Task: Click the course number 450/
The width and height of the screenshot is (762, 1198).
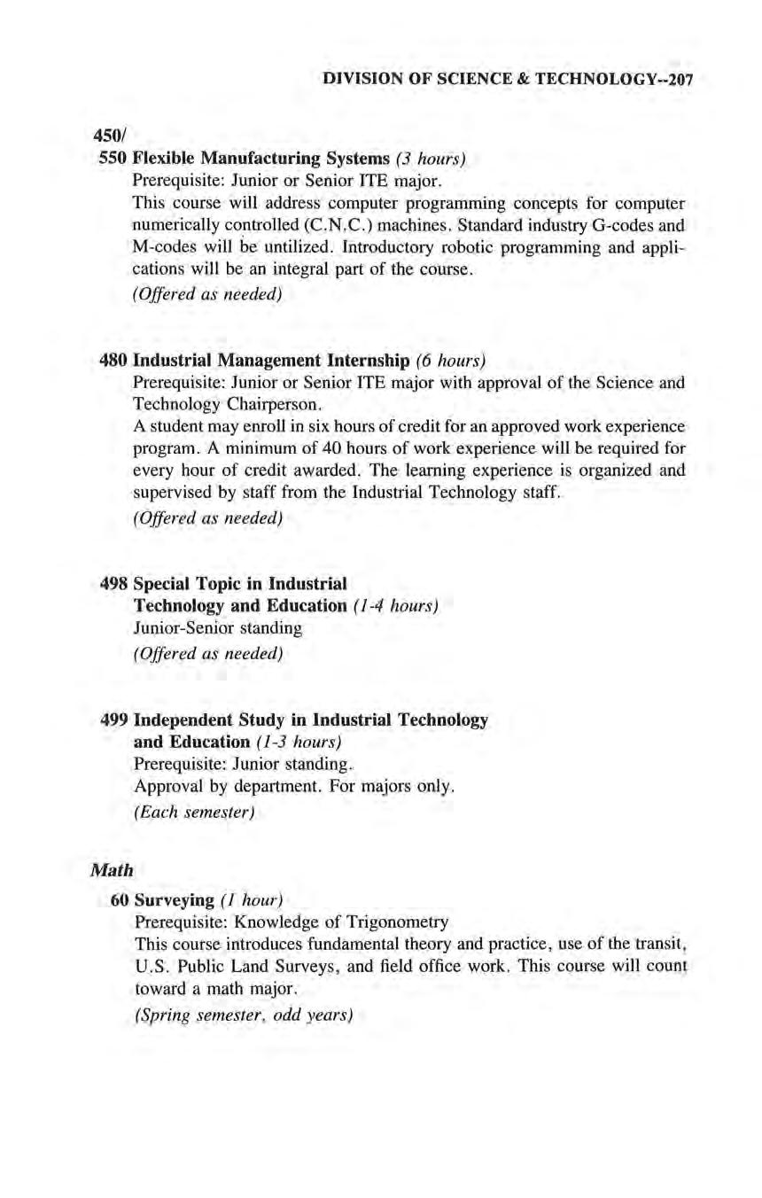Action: (x=107, y=138)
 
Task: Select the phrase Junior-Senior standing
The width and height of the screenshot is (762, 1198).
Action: (x=217, y=628)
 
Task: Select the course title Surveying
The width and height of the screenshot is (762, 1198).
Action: (x=174, y=901)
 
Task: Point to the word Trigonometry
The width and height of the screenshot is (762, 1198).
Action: (x=398, y=922)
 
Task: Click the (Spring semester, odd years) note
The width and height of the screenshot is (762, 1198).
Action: (x=242, y=1015)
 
